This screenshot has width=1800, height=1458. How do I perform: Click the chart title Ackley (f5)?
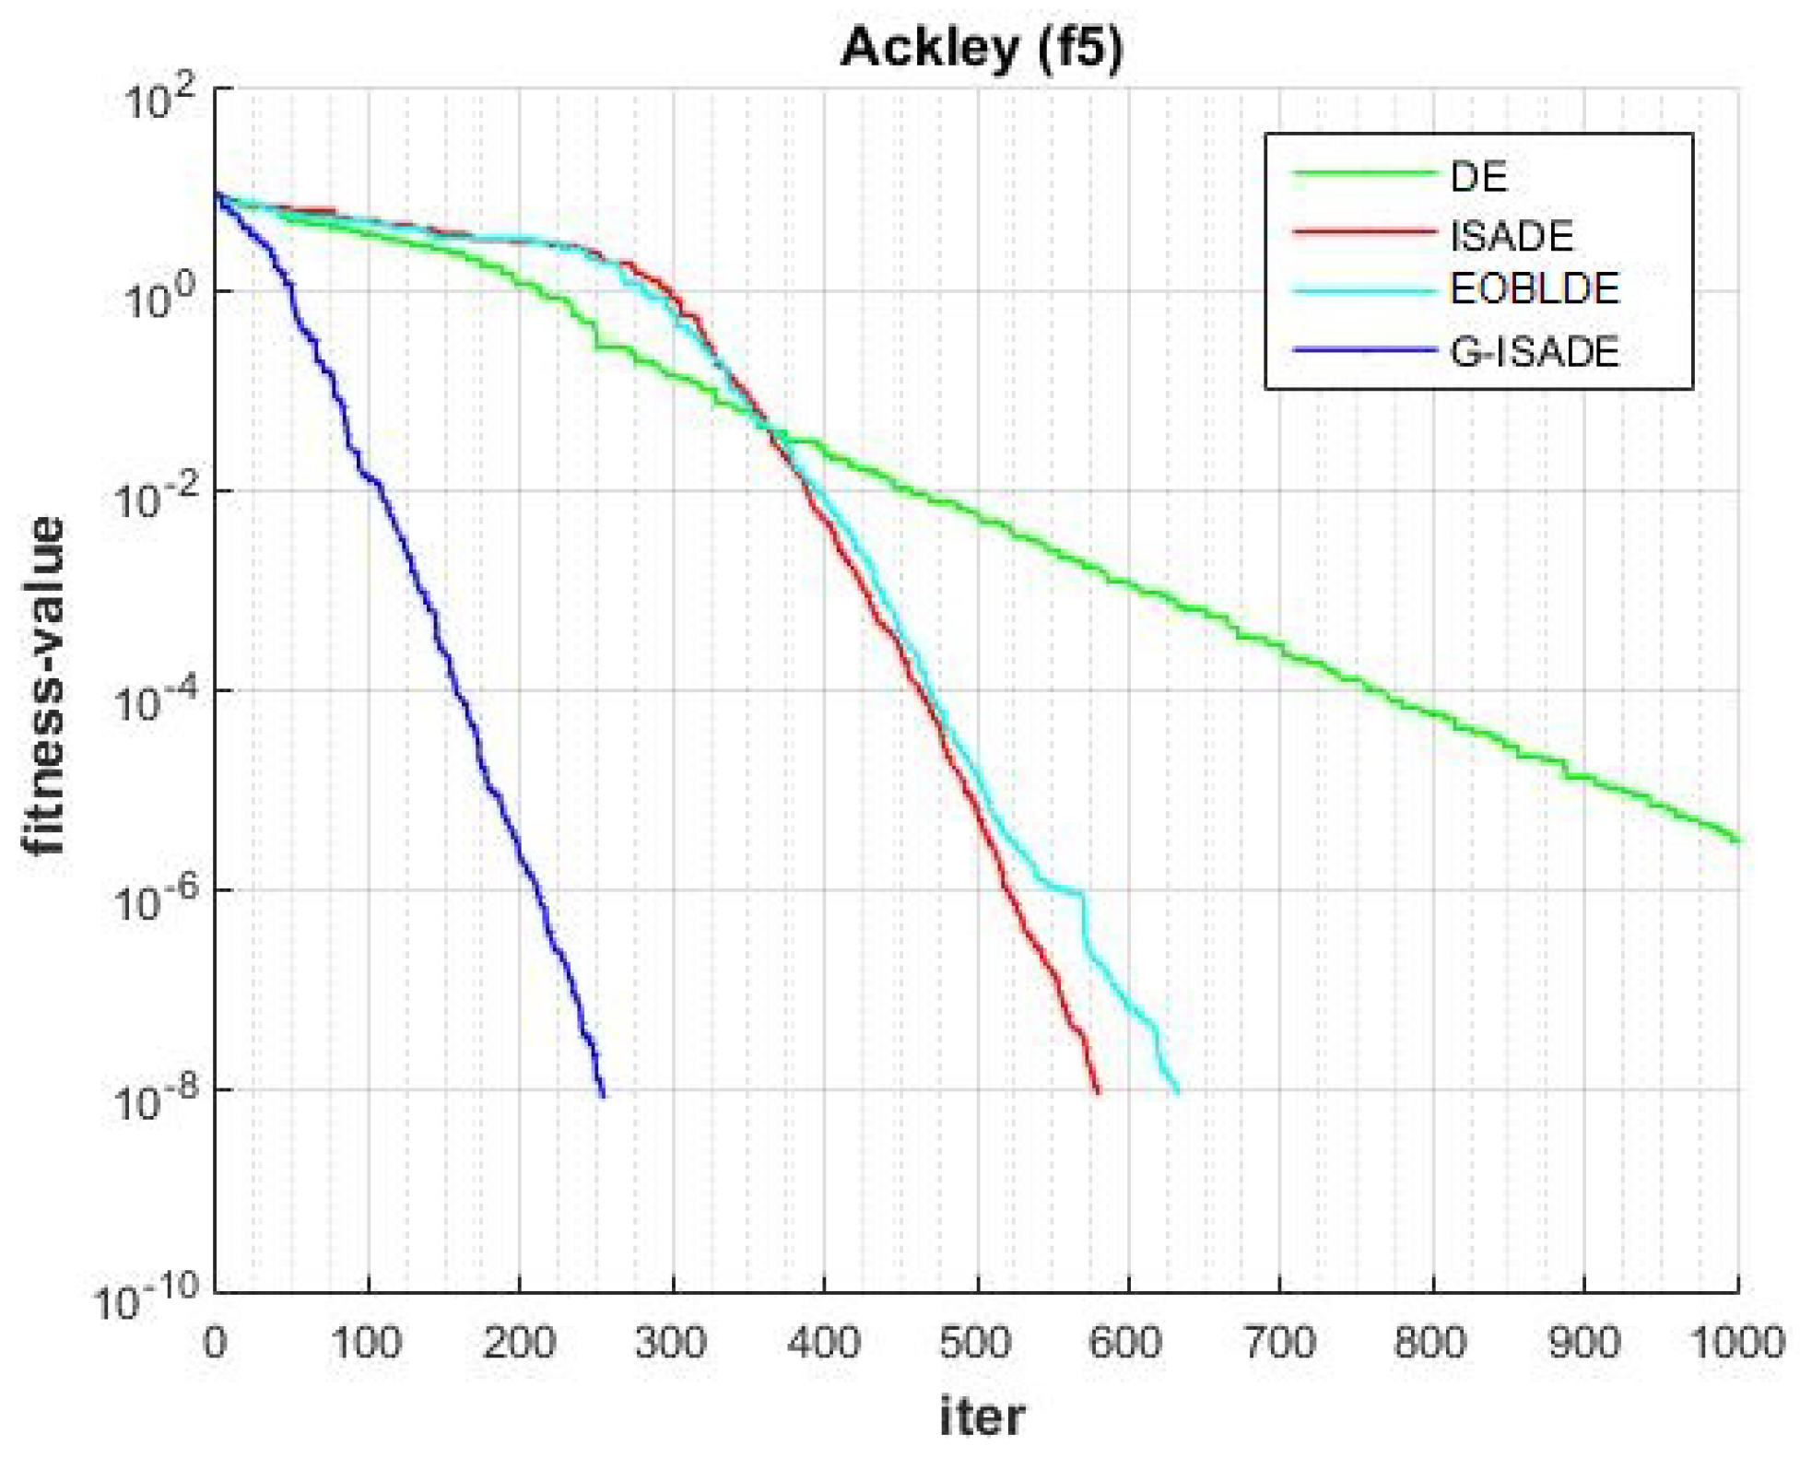point(982,48)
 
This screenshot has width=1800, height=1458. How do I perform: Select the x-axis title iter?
point(982,1415)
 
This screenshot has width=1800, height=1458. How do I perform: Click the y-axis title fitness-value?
point(44,687)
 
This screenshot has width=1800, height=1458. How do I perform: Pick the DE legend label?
point(1478,176)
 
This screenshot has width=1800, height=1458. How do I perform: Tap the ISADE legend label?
point(1512,236)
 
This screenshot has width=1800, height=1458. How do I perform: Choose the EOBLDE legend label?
point(1534,289)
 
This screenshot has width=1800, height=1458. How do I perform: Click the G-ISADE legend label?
point(1534,352)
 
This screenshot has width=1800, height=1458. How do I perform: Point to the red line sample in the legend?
point(1364,231)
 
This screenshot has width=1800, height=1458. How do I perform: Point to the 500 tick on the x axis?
point(975,1343)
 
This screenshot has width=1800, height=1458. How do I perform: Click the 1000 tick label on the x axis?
point(1736,1343)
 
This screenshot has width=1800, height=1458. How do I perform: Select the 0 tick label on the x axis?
point(215,1343)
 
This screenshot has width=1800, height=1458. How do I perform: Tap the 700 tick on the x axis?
point(1279,1343)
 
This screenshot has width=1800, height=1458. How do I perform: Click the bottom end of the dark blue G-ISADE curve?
point(603,1094)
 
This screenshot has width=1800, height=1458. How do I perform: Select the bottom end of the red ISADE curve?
point(1097,1092)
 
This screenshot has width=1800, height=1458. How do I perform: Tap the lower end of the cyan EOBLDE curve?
point(1176,1092)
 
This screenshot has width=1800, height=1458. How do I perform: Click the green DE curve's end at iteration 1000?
point(1736,840)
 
